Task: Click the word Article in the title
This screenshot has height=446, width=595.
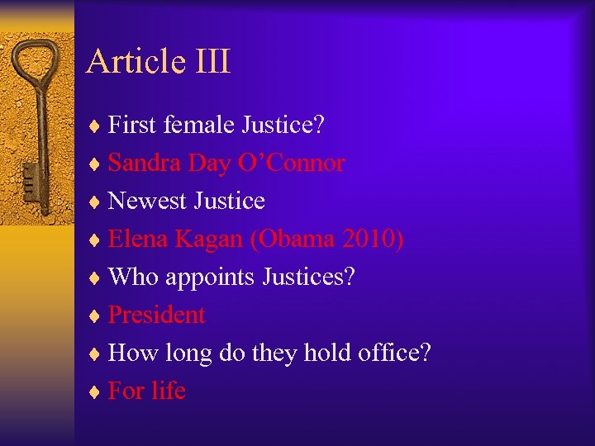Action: point(136,62)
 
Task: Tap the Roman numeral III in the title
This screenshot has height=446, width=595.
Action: point(212,62)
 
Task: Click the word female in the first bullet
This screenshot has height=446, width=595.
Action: point(199,126)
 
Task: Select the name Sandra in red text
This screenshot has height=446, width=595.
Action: point(145,164)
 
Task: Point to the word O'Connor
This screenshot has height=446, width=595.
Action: point(291,164)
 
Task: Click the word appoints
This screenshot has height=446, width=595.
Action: point(211,278)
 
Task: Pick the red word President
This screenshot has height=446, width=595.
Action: point(157,315)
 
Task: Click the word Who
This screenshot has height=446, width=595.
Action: point(134,277)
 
